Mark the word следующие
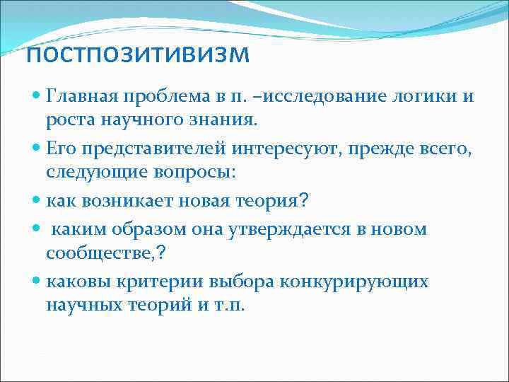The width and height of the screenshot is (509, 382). click(x=88, y=172)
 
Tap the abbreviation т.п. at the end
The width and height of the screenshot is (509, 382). click(x=231, y=306)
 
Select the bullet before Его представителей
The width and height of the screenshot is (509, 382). click(x=36, y=147)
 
